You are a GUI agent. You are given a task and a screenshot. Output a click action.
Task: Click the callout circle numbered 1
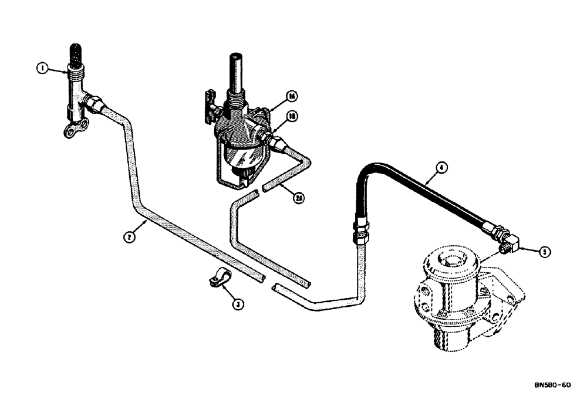(42, 69)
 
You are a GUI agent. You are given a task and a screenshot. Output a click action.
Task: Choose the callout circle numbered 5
(545, 252)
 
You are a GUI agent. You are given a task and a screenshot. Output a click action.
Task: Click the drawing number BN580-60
(552, 385)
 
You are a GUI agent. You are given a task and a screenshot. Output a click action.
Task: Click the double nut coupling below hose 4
(359, 231)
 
